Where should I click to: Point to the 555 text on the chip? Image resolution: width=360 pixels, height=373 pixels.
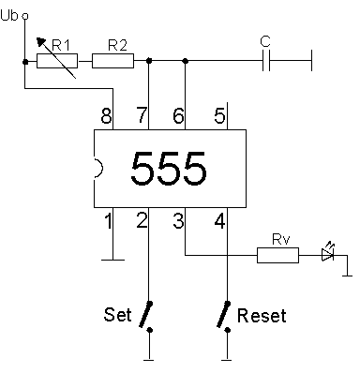[x=169, y=169]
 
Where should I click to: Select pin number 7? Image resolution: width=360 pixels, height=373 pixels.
[x=143, y=116]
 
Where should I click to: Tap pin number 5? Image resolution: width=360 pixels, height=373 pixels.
[x=218, y=116]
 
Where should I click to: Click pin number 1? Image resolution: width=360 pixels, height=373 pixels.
[x=108, y=222]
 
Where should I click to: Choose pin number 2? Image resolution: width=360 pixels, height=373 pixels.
[x=142, y=222]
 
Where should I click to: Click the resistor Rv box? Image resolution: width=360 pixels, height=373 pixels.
[x=277, y=254]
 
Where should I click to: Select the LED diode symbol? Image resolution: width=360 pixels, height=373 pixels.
[x=327, y=254]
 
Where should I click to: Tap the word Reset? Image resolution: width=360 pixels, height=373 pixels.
[x=262, y=315]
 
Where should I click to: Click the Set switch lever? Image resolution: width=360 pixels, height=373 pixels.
[x=147, y=315]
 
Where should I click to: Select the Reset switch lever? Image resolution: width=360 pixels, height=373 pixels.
[x=225, y=315]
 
